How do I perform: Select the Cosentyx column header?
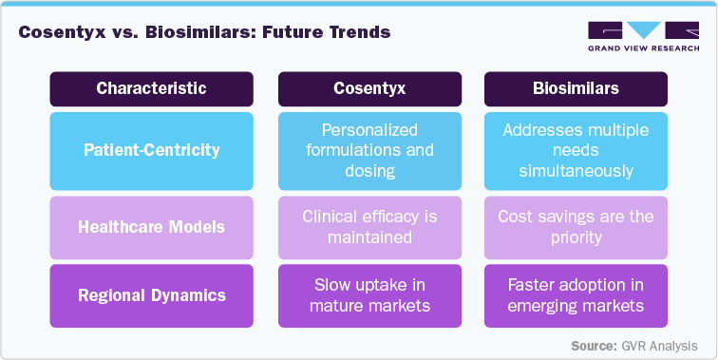point(369,88)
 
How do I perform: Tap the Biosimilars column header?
point(576,88)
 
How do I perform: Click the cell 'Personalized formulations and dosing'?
point(369,150)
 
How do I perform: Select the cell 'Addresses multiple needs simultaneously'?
point(576,150)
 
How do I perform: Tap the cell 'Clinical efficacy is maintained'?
point(369,227)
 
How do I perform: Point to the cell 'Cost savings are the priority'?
point(576,227)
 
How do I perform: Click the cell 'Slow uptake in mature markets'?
point(369,295)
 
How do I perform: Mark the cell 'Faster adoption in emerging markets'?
point(576,295)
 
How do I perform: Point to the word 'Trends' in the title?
point(358,32)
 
